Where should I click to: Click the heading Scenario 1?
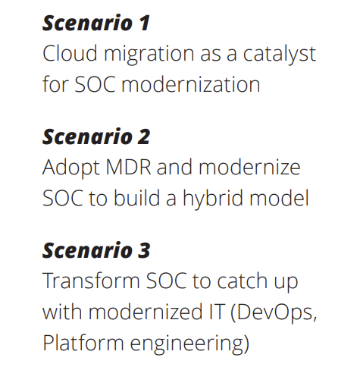pyautogui.click(x=95, y=23)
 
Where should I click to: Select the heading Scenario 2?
pyautogui.click(x=96, y=136)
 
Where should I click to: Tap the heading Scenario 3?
pyautogui.click(x=96, y=249)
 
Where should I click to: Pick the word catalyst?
pyautogui.click(x=276, y=56)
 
